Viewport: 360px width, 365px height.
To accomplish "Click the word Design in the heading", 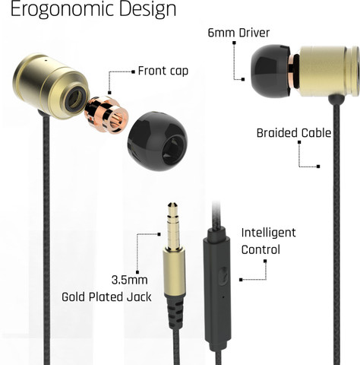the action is pyautogui.click(x=147, y=10).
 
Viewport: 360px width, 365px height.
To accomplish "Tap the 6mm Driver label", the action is pyautogui.click(x=238, y=33).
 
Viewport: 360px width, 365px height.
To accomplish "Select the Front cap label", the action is pyautogui.click(x=163, y=71).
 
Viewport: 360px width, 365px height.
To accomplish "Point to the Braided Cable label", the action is pyautogui.click(x=294, y=133).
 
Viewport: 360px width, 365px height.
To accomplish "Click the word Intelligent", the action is pyautogui.click(x=268, y=233).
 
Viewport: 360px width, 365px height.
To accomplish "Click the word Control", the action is pyautogui.click(x=261, y=249).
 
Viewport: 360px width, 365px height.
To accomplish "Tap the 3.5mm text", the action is pyautogui.click(x=129, y=280).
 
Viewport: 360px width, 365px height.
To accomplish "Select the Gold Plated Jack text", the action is pyautogui.click(x=106, y=297).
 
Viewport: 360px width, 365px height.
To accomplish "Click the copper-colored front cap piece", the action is pyautogui.click(x=106, y=114).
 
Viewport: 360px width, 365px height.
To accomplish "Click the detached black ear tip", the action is pyautogui.click(x=157, y=141).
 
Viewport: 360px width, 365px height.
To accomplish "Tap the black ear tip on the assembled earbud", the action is pyautogui.click(x=270, y=71).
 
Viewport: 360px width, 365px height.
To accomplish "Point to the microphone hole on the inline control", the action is pyautogui.click(x=223, y=297).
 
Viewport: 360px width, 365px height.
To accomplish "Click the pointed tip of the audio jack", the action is pyautogui.click(x=172, y=203).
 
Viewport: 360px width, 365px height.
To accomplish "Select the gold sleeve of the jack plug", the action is pyautogui.click(x=175, y=271).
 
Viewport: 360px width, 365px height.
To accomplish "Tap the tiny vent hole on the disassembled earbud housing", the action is pyautogui.click(x=46, y=60).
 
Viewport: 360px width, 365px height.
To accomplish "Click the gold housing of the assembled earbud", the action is pyautogui.click(x=329, y=71).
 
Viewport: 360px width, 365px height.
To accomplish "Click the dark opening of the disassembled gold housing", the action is pyautogui.click(x=75, y=99).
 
